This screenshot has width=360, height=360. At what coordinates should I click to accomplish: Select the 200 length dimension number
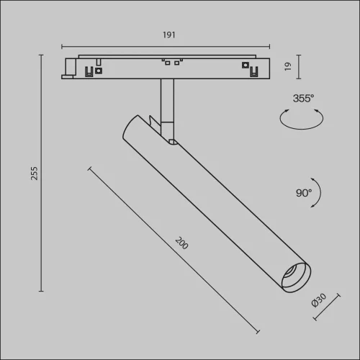coord(181,244)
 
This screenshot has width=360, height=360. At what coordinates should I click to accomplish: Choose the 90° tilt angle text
coord(303,193)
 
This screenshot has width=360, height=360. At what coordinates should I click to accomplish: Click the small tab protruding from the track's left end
coord(70,68)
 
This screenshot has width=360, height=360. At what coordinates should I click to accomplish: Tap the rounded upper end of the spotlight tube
coord(130,126)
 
